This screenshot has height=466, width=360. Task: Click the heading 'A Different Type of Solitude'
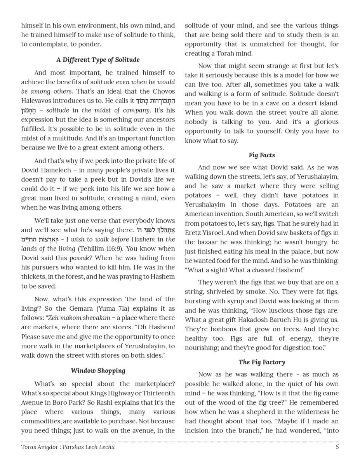98,60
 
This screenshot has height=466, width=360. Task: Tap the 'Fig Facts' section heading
262,155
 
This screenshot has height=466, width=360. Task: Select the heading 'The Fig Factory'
262,362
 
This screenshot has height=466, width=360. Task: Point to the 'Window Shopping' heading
98,371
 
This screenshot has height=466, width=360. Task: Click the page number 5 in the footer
337,447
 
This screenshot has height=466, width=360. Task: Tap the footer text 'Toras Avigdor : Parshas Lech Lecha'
68,447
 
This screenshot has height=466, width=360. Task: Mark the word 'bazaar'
208,242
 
